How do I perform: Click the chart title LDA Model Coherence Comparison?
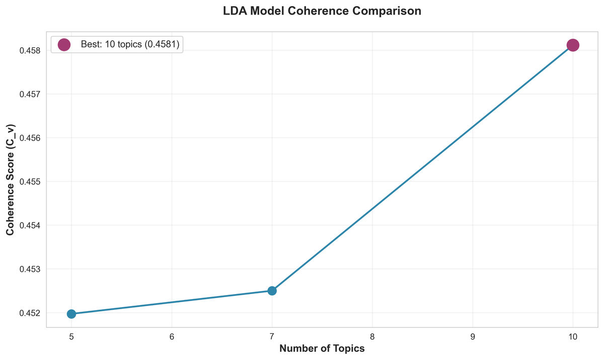pos(322,12)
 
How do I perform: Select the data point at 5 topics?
pos(71,314)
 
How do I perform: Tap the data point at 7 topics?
pos(272,291)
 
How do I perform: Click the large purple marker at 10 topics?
pos(573,45)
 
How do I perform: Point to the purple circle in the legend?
pos(64,45)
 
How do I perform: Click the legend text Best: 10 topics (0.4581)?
pos(130,45)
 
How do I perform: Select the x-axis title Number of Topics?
pos(322,348)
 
